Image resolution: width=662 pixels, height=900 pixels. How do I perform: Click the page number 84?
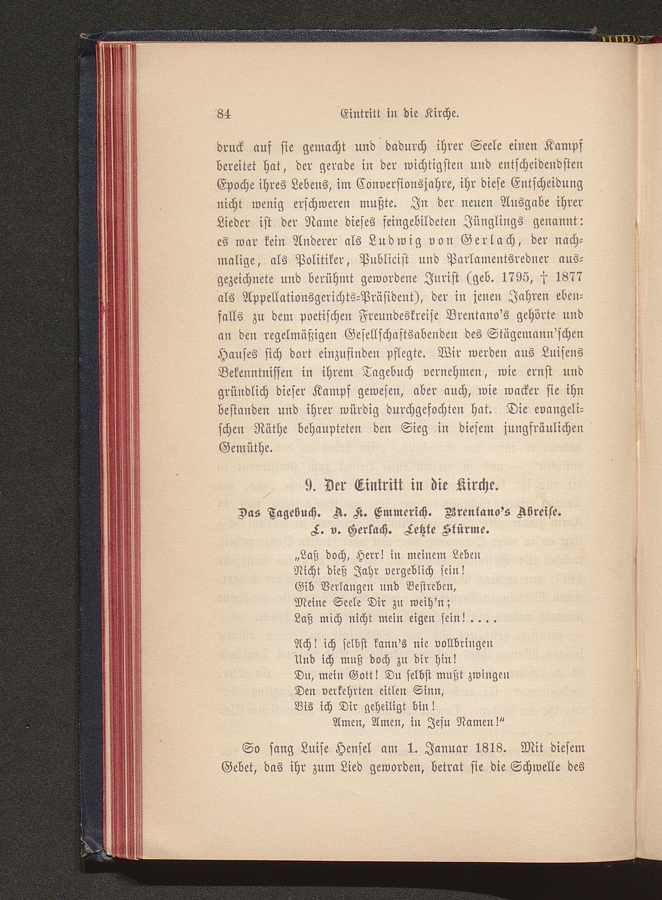[x=224, y=114]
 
